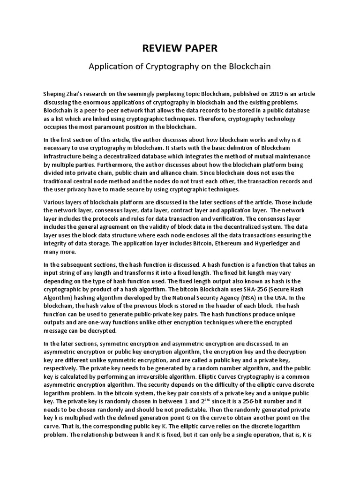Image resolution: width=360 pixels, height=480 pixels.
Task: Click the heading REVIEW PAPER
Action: coord(180,48)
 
